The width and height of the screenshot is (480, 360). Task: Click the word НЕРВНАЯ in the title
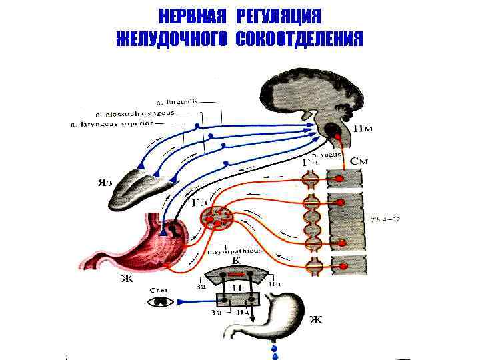coord(185,16)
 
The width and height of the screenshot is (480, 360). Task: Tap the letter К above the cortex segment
coord(236,261)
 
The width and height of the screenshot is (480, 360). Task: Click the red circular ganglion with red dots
coord(217,217)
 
